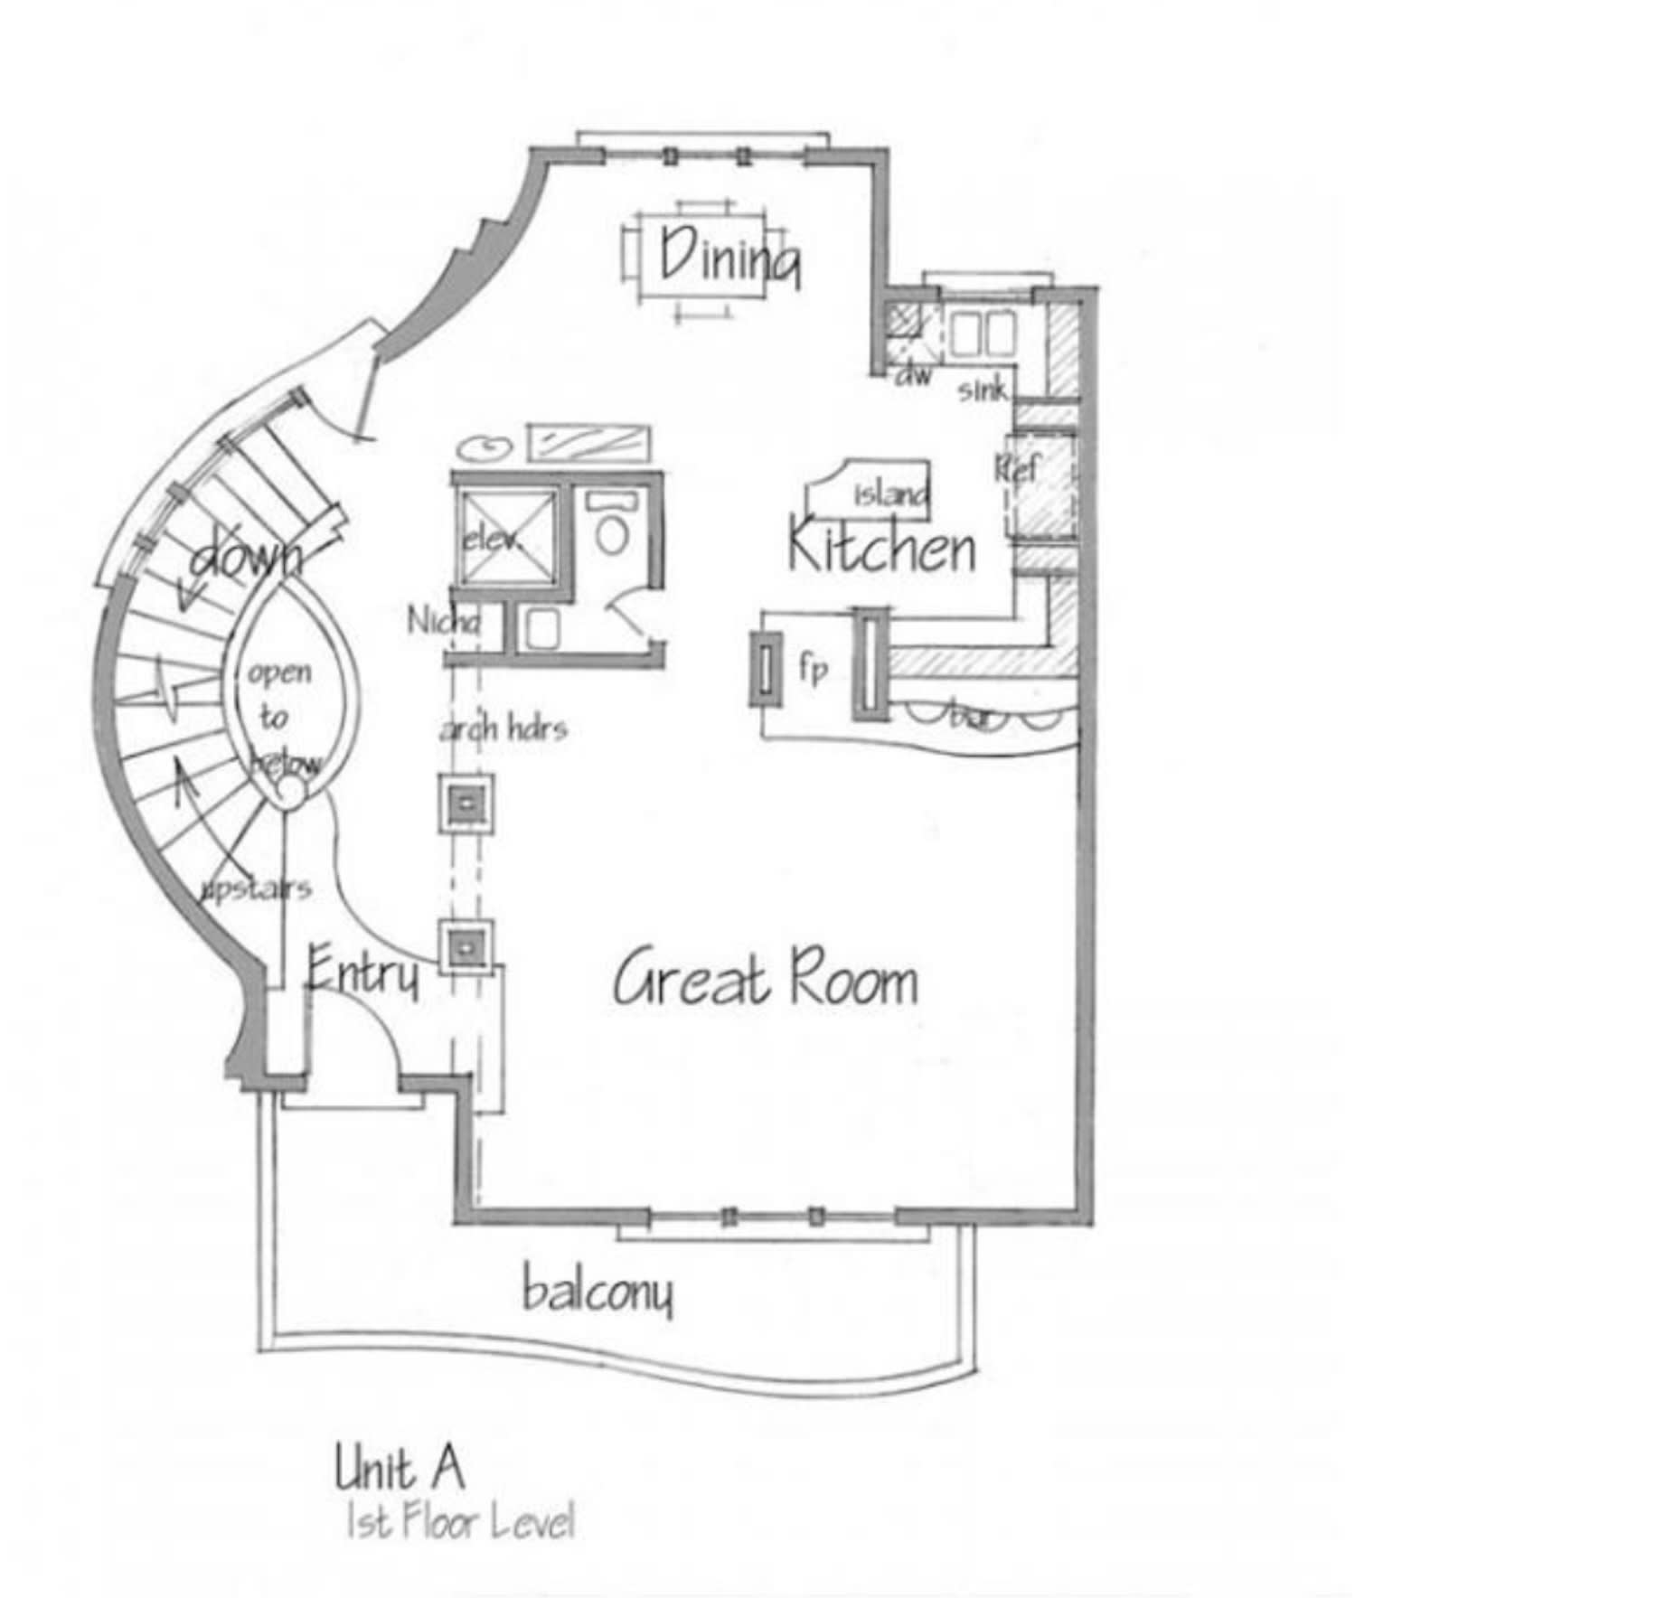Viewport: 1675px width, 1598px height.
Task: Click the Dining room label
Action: click(x=728, y=258)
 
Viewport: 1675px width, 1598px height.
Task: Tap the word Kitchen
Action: click(x=880, y=547)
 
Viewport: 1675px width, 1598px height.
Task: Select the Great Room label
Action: click(x=765, y=979)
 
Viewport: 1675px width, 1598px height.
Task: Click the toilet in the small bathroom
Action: click(x=612, y=533)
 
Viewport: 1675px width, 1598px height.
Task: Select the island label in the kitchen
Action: click(x=890, y=493)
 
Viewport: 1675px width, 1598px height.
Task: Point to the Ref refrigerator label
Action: click(x=1016, y=468)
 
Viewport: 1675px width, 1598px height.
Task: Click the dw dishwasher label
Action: click(x=912, y=375)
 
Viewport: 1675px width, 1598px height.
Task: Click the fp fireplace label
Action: click(x=812, y=669)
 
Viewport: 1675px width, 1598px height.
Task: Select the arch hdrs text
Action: click(x=503, y=728)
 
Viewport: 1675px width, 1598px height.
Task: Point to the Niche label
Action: click(x=443, y=621)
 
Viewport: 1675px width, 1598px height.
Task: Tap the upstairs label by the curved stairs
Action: click(x=256, y=889)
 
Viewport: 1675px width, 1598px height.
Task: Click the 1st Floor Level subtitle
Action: click(x=460, y=1523)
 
